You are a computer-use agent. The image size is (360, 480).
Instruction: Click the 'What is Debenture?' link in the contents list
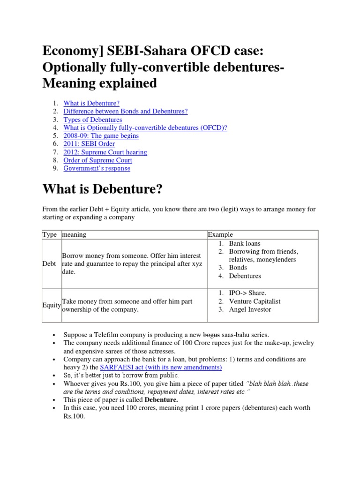(x=91, y=103)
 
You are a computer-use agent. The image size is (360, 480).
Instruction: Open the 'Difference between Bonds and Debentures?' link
(x=125, y=111)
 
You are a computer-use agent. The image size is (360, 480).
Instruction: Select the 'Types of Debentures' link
(x=92, y=120)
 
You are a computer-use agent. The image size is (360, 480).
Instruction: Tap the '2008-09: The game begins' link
(x=101, y=136)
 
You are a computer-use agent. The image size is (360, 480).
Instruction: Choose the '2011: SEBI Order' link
(x=89, y=144)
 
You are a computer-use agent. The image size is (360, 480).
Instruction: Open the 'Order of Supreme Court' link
(x=97, y=160)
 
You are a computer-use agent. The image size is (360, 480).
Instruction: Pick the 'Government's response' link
(x=97, y=168)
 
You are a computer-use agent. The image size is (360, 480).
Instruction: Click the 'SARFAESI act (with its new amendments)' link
(x=161, y=367)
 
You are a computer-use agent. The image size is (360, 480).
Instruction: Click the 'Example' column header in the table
(x=220, y=234)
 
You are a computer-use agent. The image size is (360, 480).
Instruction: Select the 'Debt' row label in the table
(x=49, y=264)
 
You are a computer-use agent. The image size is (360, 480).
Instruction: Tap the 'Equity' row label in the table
(x=51, y=305)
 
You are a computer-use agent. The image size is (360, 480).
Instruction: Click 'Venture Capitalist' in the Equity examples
(x=255, y=301)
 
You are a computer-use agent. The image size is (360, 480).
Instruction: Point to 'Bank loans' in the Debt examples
(x=244, y=243)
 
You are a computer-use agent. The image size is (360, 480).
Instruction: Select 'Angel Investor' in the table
(x=250, y=309)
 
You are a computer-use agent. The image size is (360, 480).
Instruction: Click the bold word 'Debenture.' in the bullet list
(x=161, y=400)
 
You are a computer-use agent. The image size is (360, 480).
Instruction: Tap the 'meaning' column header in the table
(x=75, y=234)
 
